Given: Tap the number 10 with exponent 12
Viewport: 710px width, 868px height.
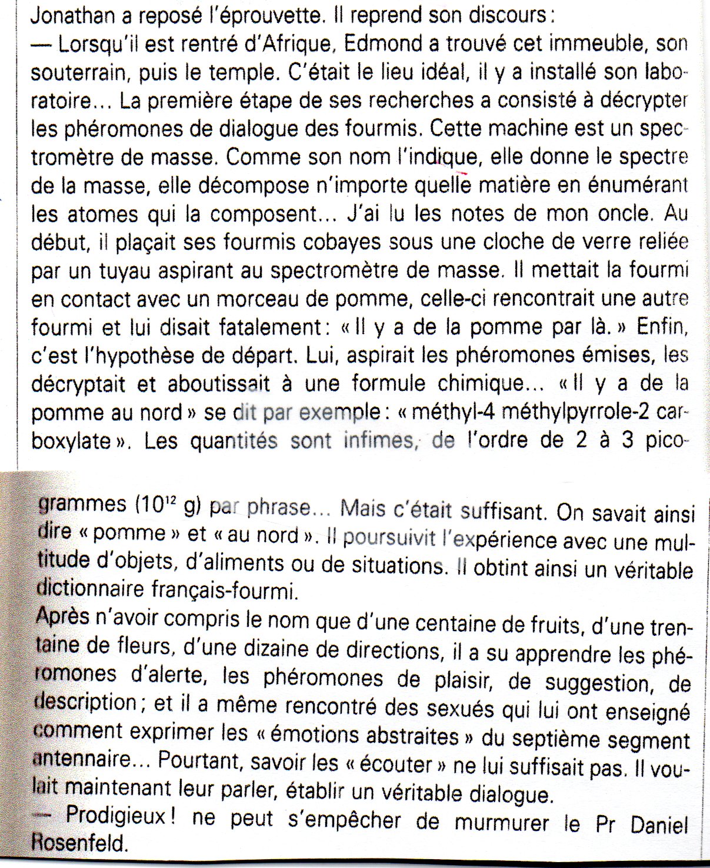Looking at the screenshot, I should [x=157, y=505].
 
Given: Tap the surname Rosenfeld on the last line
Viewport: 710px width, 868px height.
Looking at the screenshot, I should [x=80, y=844].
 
